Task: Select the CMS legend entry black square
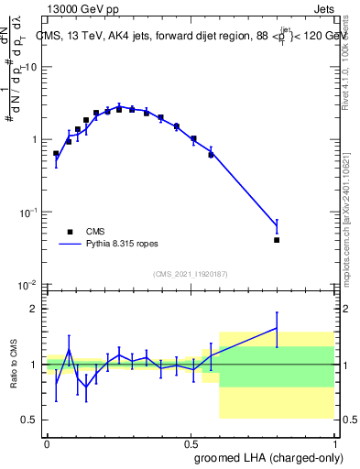pyautogui.click(x=70, y=232)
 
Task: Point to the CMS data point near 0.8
pyautogui.click(x=277, y=240)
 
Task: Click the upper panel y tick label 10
pyautogui.click(x=29, y=67)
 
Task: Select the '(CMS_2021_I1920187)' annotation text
pyautogui.click(x=190, y=274)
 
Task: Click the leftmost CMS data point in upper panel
pyautogui.click(x=56, y=154)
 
